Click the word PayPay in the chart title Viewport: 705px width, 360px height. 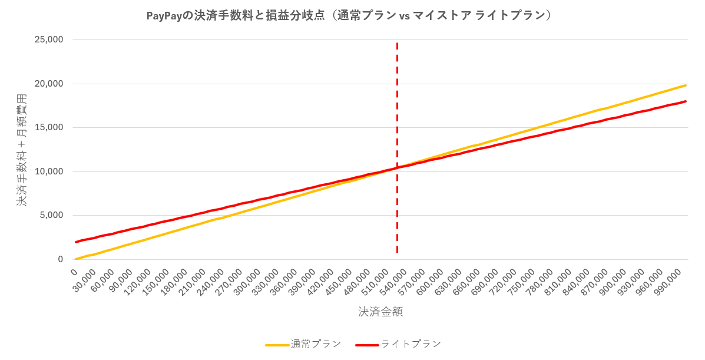164,16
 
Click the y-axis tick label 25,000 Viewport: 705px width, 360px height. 49,40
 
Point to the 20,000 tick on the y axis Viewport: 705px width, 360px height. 49,84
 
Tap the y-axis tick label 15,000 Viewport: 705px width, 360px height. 49,127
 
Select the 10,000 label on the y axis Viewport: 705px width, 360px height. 49,171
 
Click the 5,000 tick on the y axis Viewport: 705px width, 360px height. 52,215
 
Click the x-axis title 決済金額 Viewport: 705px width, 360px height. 380,312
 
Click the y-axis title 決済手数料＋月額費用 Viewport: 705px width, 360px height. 22,150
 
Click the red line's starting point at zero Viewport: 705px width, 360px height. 76,242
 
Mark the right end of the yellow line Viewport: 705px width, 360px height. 686,85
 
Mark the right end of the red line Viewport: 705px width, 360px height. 686,101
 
